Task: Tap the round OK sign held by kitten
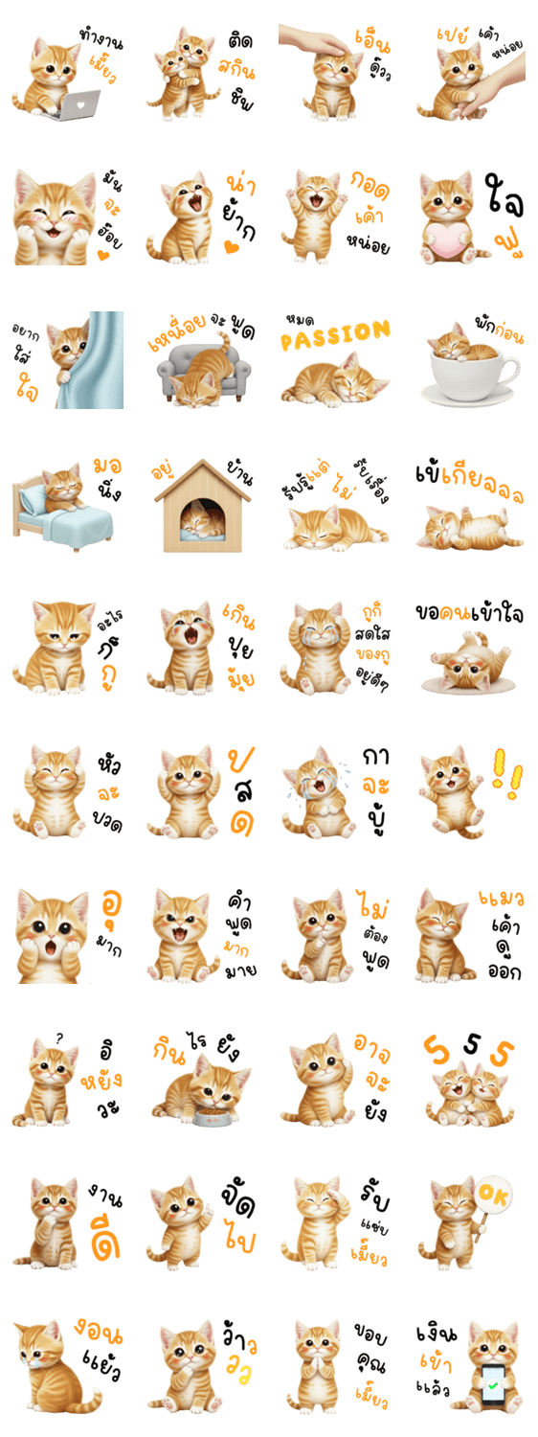click(x=493, y=1194)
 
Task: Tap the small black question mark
click(x=59, y=1038)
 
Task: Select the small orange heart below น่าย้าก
click(x=232, y=246)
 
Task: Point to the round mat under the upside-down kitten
click(x=468, y=685)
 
